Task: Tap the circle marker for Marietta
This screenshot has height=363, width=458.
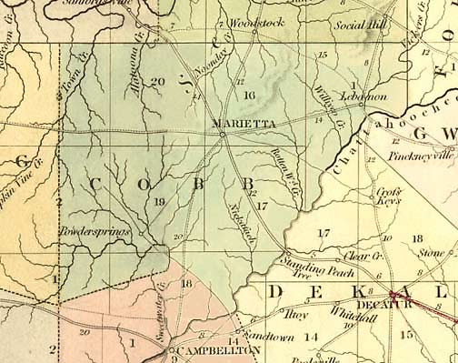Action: pos(223,136)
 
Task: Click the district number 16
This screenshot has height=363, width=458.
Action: pos(250,95)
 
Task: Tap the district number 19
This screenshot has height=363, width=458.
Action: pos(159,201)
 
